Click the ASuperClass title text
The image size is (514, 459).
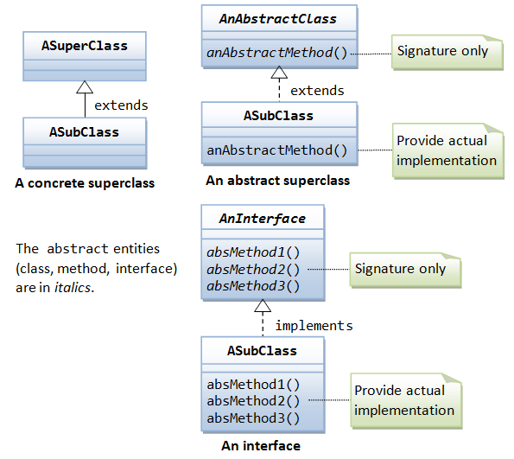[85, 46]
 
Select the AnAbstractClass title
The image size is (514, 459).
[278, 19]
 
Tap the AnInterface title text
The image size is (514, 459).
[263, 219]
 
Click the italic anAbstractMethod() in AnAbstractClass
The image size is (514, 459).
[276, 53]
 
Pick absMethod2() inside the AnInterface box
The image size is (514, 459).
[253, 270]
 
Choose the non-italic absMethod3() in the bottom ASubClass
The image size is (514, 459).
[253, 418]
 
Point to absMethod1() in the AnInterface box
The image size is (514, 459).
[253, 252]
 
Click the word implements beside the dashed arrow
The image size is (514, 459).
[314, 326]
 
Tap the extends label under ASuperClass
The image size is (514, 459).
[121, 105]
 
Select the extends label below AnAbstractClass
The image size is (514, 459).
[317, 91]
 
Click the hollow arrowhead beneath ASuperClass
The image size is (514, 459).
[85, 87]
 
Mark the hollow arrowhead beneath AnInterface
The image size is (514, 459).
[263, 306]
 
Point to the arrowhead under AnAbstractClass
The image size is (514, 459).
[279, 73]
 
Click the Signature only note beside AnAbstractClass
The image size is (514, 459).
[447, 52]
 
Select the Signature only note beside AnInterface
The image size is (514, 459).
[405, 270]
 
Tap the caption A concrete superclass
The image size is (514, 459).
[85, 183]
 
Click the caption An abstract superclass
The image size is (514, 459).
[277, 181]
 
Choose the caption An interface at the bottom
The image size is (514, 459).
[261, 445]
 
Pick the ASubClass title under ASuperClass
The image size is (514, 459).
[84, 132]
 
